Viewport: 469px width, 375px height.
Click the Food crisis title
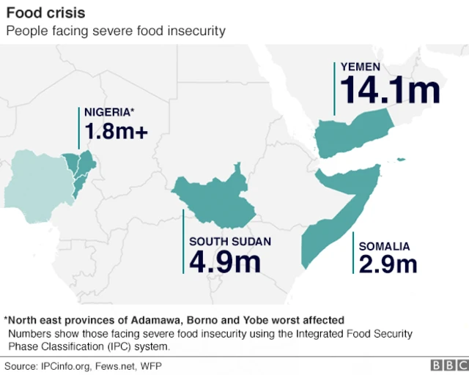45,13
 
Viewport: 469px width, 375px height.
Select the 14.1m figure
390,90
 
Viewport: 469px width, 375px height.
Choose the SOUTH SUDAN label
229,242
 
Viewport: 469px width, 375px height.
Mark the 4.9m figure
225,262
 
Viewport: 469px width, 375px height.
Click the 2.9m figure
388,264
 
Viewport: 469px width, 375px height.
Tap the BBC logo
446,365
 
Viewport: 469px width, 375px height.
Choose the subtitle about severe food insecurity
115,31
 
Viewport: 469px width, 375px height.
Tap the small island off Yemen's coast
400,159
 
